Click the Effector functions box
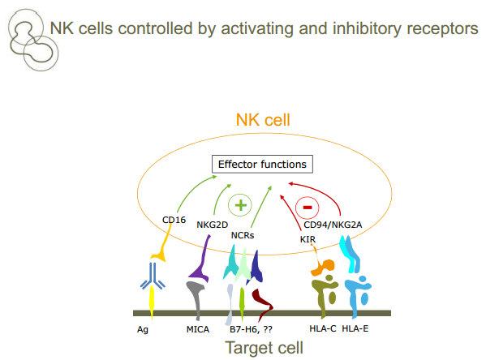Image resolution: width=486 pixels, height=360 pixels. pos(262,165)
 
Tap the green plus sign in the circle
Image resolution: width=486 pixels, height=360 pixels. pos(240,205)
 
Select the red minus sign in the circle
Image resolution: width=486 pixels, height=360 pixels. pos(308,208)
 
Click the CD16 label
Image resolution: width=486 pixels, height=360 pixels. pos(174,220)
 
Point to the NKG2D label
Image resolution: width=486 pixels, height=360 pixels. pos(213,225)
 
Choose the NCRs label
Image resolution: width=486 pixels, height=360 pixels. pos(243,235)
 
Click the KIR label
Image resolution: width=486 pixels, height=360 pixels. pos(308,239)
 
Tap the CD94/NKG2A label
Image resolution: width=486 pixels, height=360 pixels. pos(333,225)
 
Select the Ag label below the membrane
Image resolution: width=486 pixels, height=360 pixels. pos(143,329)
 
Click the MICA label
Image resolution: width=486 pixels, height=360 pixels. pos(198,329)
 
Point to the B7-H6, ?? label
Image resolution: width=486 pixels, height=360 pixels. pos(251,329)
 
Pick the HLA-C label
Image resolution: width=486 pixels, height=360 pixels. pos(323,328)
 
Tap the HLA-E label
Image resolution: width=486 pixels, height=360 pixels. pos(355,328)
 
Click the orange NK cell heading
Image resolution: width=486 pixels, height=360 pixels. pos(263,120)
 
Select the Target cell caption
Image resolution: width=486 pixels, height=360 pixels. pos(264,348)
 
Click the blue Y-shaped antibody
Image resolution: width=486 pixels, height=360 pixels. pos(153,276)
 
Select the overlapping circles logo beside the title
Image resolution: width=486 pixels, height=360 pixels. pos(33,40)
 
